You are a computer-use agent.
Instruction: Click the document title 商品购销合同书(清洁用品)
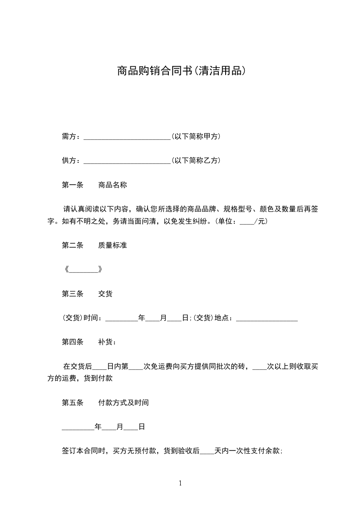point(181,71)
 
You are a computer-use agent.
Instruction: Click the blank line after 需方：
point(127,136)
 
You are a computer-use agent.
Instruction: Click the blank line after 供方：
point(127,161)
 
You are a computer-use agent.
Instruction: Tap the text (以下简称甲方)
point(196,136)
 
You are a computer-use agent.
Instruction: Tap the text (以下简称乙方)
point(196,161)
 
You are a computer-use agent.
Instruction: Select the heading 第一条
point(73,185)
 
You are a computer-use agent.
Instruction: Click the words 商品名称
point(112,185)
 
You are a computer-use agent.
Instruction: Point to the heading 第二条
point(73,245)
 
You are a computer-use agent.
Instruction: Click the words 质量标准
point(112,245)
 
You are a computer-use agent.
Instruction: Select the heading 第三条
point(73,294)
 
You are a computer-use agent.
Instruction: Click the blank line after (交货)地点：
point(267,318)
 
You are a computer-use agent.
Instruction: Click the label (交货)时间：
point(83,318)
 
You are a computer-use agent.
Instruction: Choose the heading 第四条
point(73,342)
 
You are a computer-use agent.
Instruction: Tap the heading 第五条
point(73,402)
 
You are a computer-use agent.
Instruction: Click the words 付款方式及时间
point(123,402)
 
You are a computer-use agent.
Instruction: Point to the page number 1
point(180,483)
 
